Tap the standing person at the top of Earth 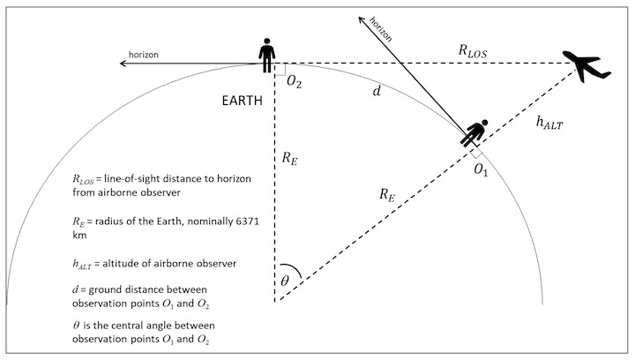pyautogui.click(x=267, y=54)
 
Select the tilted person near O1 pyautogui.click(x=477, y=133)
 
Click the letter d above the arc pyautogui.click(x=377, y=91)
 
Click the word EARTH pyautogui.click(x=242, y=100)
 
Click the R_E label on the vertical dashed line pyautogui.click(x=290, y=159)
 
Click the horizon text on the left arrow pyautogui.click(x=144, y=55)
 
